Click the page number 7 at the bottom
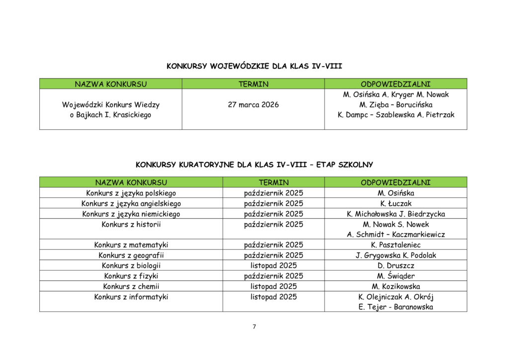pos(254,327)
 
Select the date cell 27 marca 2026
pos(253,105)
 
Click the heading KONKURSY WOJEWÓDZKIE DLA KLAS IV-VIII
pos(254,66)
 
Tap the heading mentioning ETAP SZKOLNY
pos(254,164)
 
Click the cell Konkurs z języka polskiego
pos(131,193)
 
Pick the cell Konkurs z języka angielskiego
pos(131,203)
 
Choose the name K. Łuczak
pos(396,203)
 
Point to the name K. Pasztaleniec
pos(396,245)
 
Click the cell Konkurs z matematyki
pos(131,245)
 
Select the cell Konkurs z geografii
pos(131,255)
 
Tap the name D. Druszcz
pos(396,266)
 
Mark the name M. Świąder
pos(396,276)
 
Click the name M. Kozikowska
pos(396,286)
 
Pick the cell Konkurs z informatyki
pos(131,297)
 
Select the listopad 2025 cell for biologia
pos(273,266)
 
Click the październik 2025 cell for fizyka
pos(273,276)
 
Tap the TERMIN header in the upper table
pos(253,84)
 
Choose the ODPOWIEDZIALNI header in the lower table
pos(396,182)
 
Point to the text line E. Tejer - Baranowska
pos(396,307)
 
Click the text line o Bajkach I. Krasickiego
pos(110,115)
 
